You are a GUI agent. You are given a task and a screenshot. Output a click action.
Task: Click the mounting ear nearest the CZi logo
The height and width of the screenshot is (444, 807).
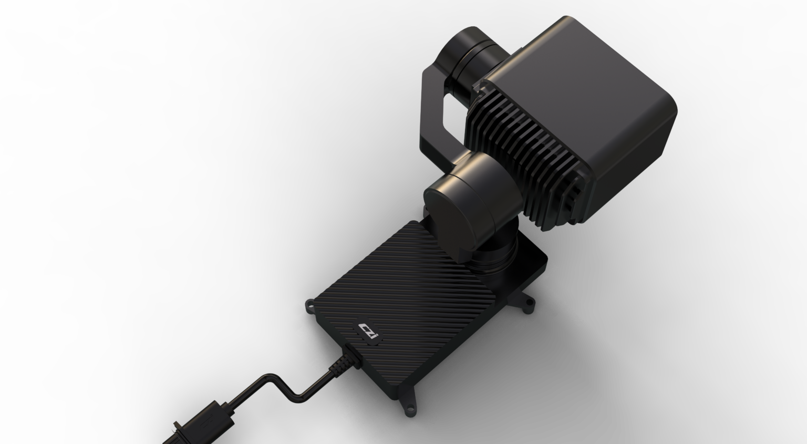[310, 305]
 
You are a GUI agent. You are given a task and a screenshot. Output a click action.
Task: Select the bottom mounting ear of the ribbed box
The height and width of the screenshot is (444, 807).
[409, 407]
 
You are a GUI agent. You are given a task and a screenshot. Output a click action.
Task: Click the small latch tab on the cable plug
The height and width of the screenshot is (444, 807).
[178, 427]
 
